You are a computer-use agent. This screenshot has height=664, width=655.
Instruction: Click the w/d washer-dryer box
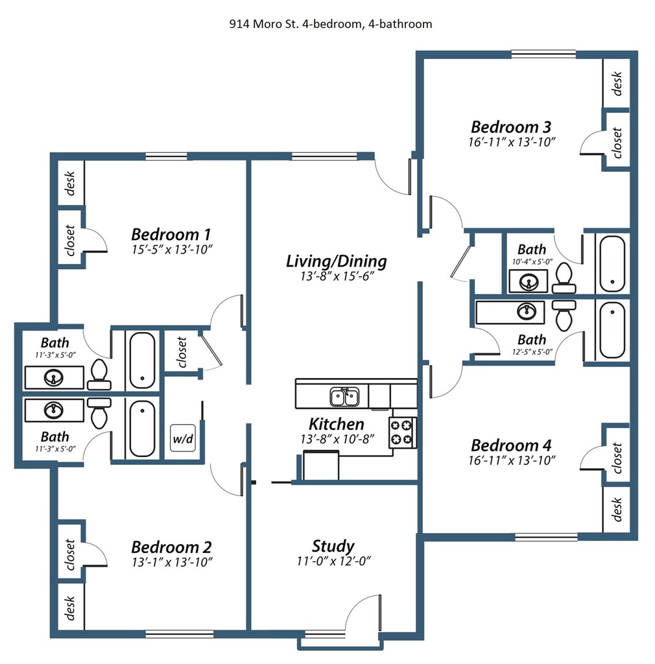(x=182, y=439)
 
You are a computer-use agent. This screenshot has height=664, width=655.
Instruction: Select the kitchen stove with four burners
(x=402, y=433)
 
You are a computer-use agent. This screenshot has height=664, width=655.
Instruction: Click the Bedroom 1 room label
(x=171, y=233)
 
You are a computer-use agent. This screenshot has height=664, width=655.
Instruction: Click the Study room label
(x=333, y=545)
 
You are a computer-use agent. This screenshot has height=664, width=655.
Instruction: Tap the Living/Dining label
(x=336, y=261)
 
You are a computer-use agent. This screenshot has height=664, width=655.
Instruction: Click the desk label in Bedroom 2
(x=70, y=606)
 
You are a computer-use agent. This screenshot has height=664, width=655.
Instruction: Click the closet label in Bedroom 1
(x=70, y=240)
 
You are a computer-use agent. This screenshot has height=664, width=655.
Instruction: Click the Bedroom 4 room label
(x=511, y=445)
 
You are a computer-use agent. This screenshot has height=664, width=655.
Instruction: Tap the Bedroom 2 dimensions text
(x=172, y=562)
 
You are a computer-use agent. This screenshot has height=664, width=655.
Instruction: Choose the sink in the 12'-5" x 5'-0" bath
(x=527, y=311)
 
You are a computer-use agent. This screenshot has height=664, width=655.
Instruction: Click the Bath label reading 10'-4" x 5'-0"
(x=531, y=249)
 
